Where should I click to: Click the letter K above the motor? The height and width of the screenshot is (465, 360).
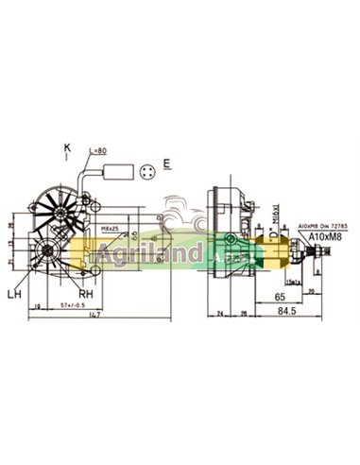pyautogui.click(x=68, y=148)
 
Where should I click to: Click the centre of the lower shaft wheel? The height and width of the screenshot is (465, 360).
pyautogui.click(x=48, y=252)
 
